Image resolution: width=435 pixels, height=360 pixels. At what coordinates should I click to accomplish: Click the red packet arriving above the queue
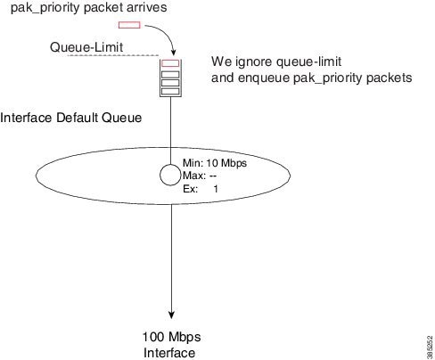[129, 25]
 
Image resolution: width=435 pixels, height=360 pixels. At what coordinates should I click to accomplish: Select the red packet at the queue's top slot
[170, 63]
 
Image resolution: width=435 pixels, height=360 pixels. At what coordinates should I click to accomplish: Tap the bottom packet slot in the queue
[170, 91]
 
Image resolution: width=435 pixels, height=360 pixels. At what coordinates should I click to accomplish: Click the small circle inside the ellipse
[170, 175]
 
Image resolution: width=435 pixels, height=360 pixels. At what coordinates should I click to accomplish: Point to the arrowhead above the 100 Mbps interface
[171, 315]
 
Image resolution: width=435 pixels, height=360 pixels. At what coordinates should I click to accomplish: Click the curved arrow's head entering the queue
[174, 52]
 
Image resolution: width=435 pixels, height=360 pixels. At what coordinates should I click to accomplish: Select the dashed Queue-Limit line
[113, 55]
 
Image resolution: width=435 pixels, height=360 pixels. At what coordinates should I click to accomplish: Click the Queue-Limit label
[86, 47]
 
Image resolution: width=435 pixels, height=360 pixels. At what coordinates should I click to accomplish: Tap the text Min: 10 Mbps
[215, 163]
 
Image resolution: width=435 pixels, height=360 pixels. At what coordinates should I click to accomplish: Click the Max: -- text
[200, 176]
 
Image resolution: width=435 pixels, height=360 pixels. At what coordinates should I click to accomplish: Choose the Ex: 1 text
[201, 189]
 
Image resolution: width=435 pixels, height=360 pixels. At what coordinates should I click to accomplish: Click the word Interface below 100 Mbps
[169, 353]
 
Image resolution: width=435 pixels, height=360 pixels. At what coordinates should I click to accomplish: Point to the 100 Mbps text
[172, 337]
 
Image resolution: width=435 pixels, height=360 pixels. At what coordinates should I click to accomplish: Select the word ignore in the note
[254, 61]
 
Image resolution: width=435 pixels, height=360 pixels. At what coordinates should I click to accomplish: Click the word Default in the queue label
[78, 118]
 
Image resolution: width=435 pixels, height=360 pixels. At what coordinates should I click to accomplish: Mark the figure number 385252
[430, 348]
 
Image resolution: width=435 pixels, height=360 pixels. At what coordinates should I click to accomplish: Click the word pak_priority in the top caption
[45, 8]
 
